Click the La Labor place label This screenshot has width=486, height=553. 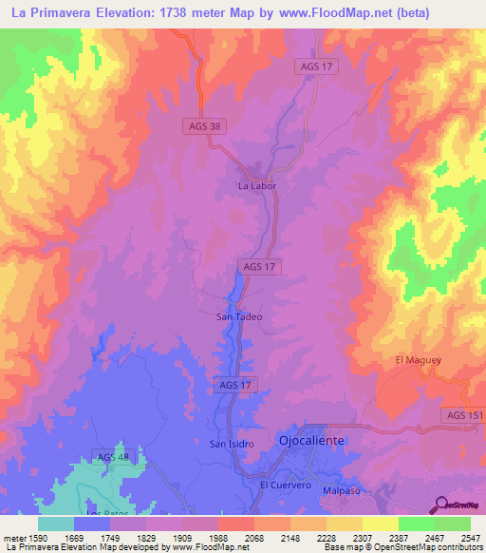255,186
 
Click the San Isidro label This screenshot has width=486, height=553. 233,444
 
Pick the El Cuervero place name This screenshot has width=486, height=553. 286,485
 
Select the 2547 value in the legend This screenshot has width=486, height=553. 470,537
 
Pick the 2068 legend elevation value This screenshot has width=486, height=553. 253,537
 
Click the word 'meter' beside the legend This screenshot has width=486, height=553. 16,537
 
